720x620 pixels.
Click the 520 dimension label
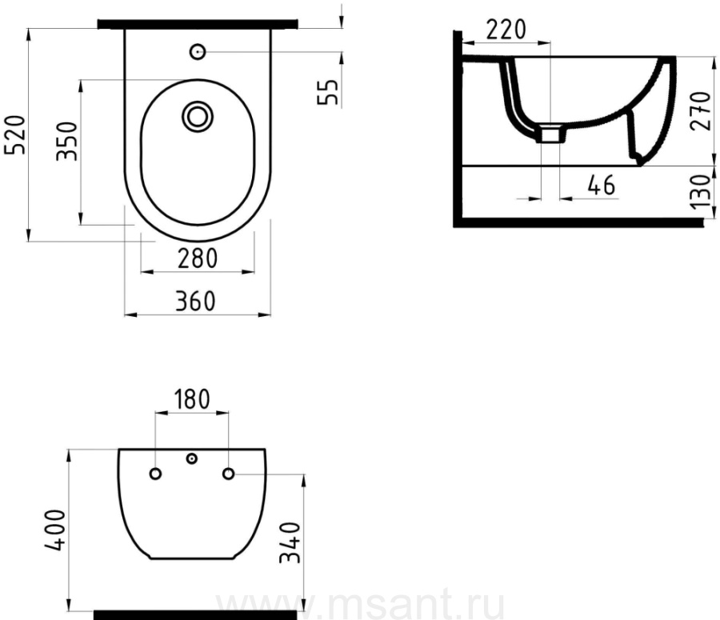[x=14, y=134]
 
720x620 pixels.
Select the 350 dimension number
[x=66, y=141]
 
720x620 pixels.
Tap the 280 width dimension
[x=198, y=258]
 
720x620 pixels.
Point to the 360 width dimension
[x=195, y=302]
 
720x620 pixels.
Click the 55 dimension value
[x=328, y=92]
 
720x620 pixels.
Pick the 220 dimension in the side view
[x=506, y=30]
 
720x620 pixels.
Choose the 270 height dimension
[x=701, y=110]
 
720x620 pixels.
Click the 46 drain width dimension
[x=601, y=185]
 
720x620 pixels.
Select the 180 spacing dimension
[x=192, y=399]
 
